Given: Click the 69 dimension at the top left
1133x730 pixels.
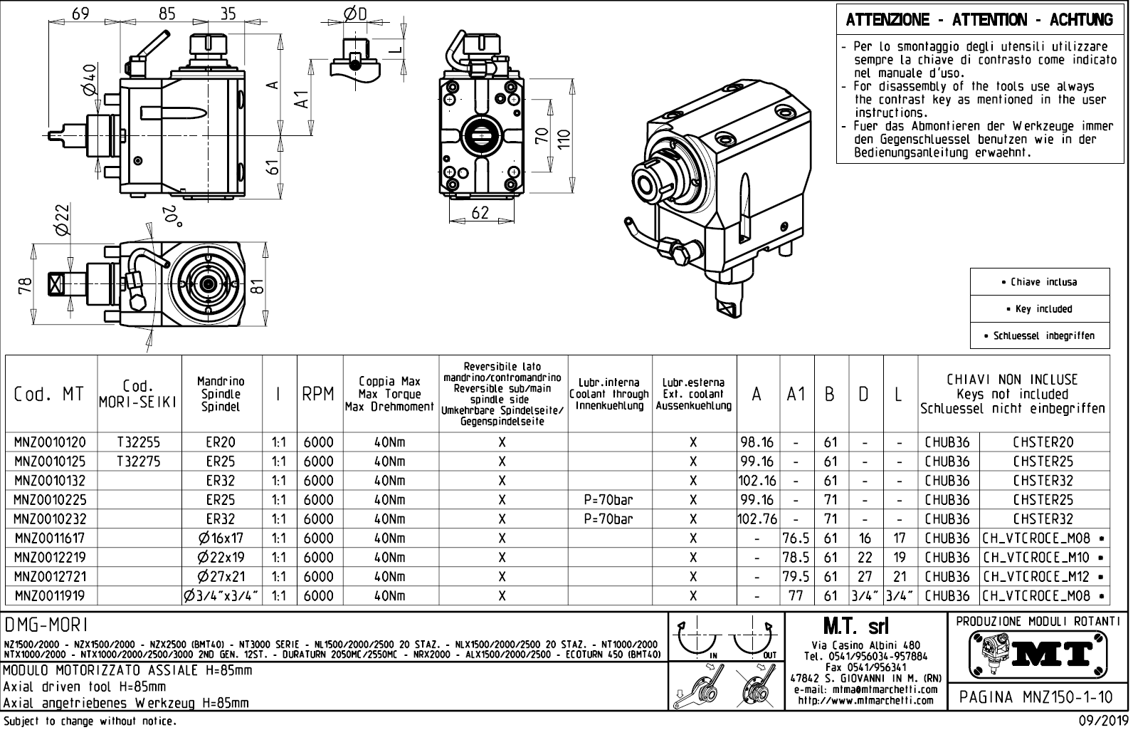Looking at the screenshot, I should click(x=80, y=14).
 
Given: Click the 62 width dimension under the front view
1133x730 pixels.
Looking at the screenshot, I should click(x=480, y=212).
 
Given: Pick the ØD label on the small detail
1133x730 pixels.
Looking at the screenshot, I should click(x=354, y=14).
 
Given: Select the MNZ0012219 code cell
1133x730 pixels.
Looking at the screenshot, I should click(x=50, y=558).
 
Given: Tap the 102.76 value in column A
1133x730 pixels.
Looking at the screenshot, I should click(x=758, y=519).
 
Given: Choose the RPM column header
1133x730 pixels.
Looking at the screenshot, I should click(x=318, y=394).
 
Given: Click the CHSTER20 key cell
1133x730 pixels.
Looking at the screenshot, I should click(x=1043, y=442).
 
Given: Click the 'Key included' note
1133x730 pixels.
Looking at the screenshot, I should click(x=1039, y=309).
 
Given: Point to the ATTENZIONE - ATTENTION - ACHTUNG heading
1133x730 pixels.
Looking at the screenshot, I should click(x=979, y=20).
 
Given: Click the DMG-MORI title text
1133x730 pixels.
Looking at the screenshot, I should click(x=46, y=625).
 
